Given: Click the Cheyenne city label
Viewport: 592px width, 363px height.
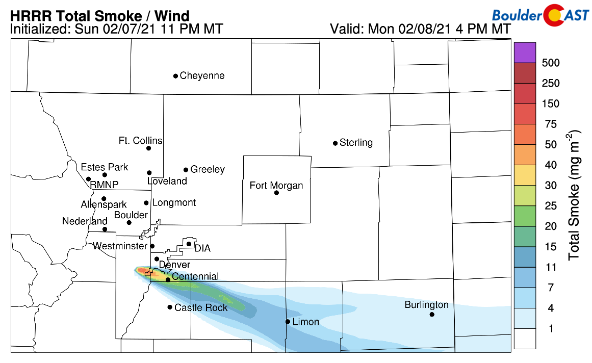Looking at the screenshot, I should point(202,76).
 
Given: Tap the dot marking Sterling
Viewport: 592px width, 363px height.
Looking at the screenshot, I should point(335,143).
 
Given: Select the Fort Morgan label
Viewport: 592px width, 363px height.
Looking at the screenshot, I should point(276,186).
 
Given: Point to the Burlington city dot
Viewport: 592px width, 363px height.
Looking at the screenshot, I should point(432,315).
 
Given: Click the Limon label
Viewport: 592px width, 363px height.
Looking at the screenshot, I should point(306,322).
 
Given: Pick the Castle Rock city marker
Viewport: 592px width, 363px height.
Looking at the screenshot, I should point(170,307).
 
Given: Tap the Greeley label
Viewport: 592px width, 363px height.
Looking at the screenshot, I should point(208,170).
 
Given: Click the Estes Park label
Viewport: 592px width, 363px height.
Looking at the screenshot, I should point(105,167).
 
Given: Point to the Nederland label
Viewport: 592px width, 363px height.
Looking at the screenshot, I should point(85,221).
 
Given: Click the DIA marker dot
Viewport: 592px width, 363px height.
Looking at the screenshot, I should point(189,244).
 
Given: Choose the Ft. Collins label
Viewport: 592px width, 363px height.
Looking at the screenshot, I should point(140,141).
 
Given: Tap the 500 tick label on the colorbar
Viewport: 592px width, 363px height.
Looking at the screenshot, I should point(551,63).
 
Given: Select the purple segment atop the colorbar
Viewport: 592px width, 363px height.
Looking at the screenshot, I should point(525,53).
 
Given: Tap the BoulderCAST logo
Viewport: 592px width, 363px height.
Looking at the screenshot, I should point(541,16).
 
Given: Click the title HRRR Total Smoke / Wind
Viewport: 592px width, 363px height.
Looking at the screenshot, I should point(99,16).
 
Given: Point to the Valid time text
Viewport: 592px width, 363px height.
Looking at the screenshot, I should point(420,29).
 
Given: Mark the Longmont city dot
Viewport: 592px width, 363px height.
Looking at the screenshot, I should point(146,203).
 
